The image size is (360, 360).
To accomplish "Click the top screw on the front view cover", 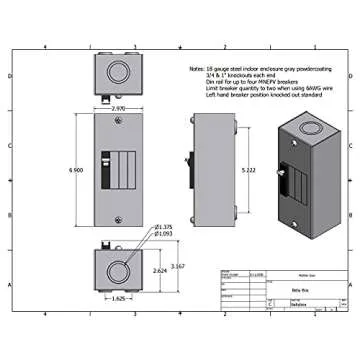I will click(117, 122).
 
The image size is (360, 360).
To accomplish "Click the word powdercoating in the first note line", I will click(322, 66).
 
